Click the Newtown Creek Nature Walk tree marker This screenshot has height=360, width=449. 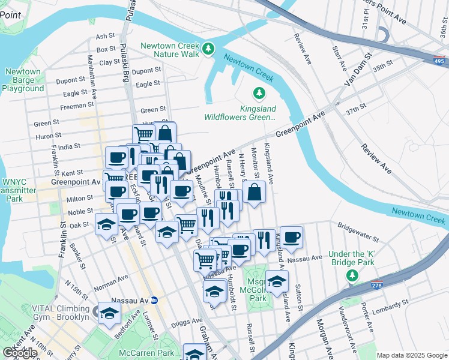coord(208,49)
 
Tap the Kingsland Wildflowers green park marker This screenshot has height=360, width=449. coord(259,94)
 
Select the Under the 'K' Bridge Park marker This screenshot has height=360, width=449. coord(352,275)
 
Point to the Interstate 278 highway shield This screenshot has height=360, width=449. coord(377,285)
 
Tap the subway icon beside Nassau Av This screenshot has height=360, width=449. coord(154,300)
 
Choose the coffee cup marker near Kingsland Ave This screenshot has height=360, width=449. coord(292,238)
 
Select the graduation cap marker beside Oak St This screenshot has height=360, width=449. coord(106,224)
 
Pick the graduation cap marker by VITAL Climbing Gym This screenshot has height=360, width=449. coord(109,313)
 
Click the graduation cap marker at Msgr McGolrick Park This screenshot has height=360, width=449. coord(277,281)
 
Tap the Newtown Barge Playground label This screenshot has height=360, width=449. coord(23,80)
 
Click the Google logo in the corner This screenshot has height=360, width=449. coord(20,353)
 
